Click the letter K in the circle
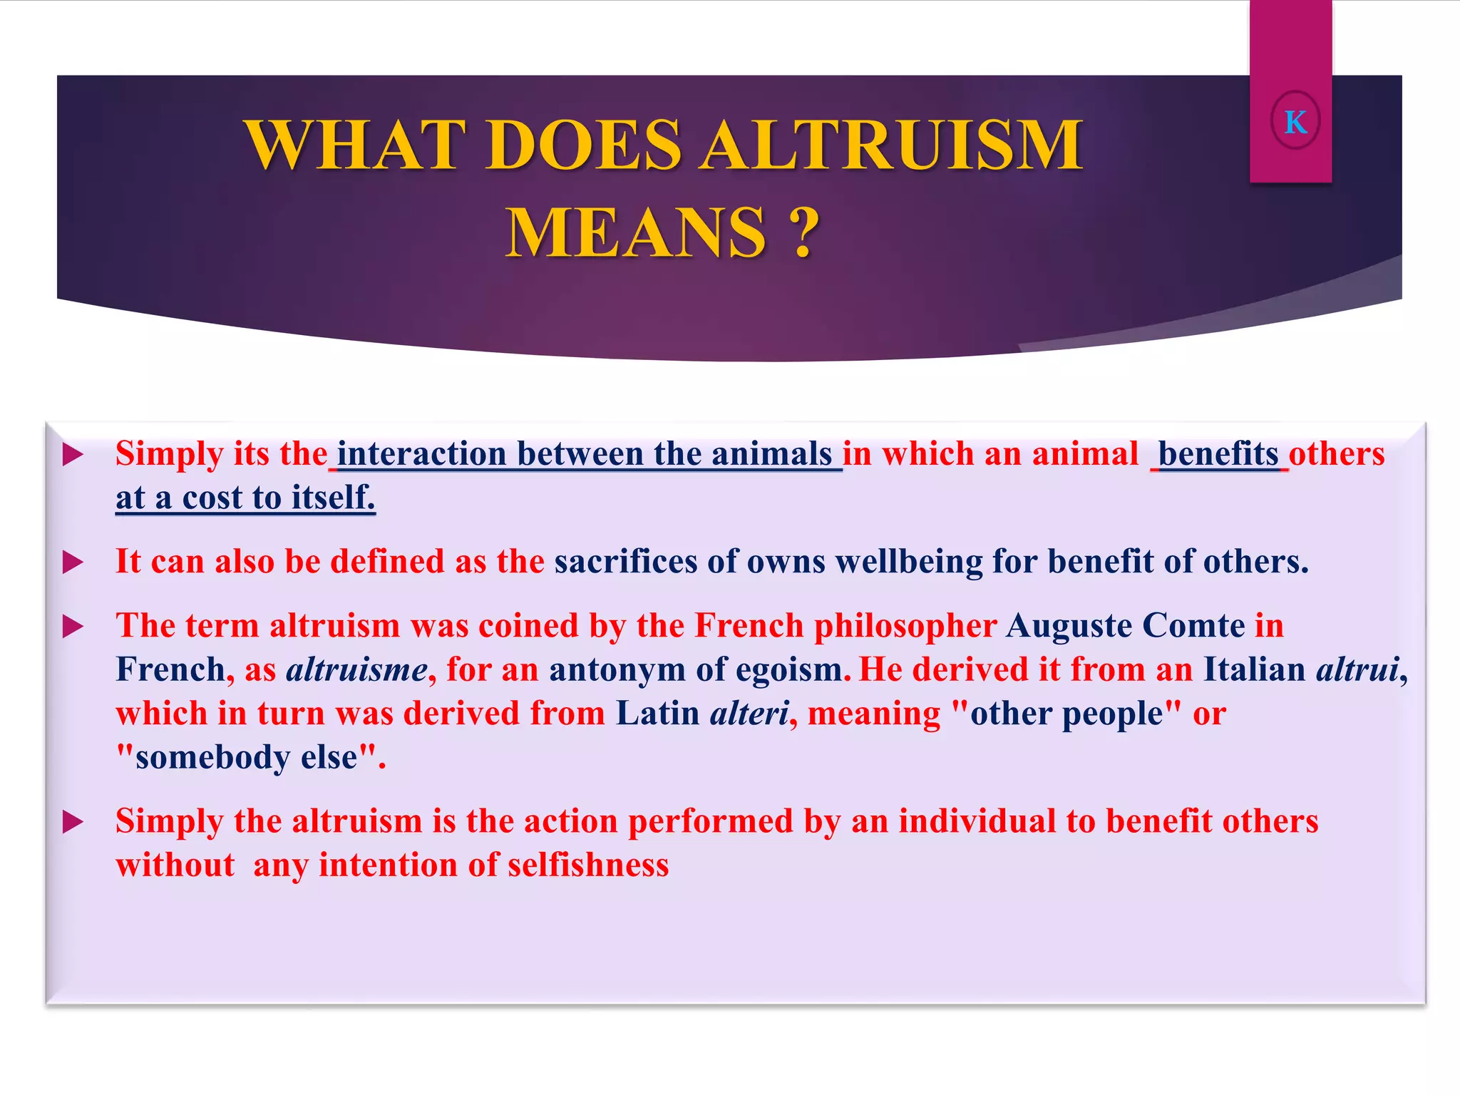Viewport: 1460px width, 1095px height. coord(1295,122)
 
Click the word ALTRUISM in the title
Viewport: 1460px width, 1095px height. coord(890,146)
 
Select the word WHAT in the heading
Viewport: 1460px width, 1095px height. coord(353,146)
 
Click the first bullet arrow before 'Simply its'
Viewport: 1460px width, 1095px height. coord(73,455)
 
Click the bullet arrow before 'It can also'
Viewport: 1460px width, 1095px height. coord(73,562)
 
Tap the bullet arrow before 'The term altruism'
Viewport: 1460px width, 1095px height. coord(73,627)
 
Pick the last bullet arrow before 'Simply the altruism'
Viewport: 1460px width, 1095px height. coord(73,822)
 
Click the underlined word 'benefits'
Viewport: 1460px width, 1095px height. coord(1218,454)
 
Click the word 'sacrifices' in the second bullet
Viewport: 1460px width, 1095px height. coord(626,562)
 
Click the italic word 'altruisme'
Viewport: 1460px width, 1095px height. coord(356,670)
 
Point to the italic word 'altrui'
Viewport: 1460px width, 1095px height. coord(1357,670)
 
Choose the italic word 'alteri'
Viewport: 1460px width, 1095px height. coord(749,714)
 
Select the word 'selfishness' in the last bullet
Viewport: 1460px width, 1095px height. coord(588,865)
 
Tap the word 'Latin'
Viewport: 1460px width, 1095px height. coord(657,714)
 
